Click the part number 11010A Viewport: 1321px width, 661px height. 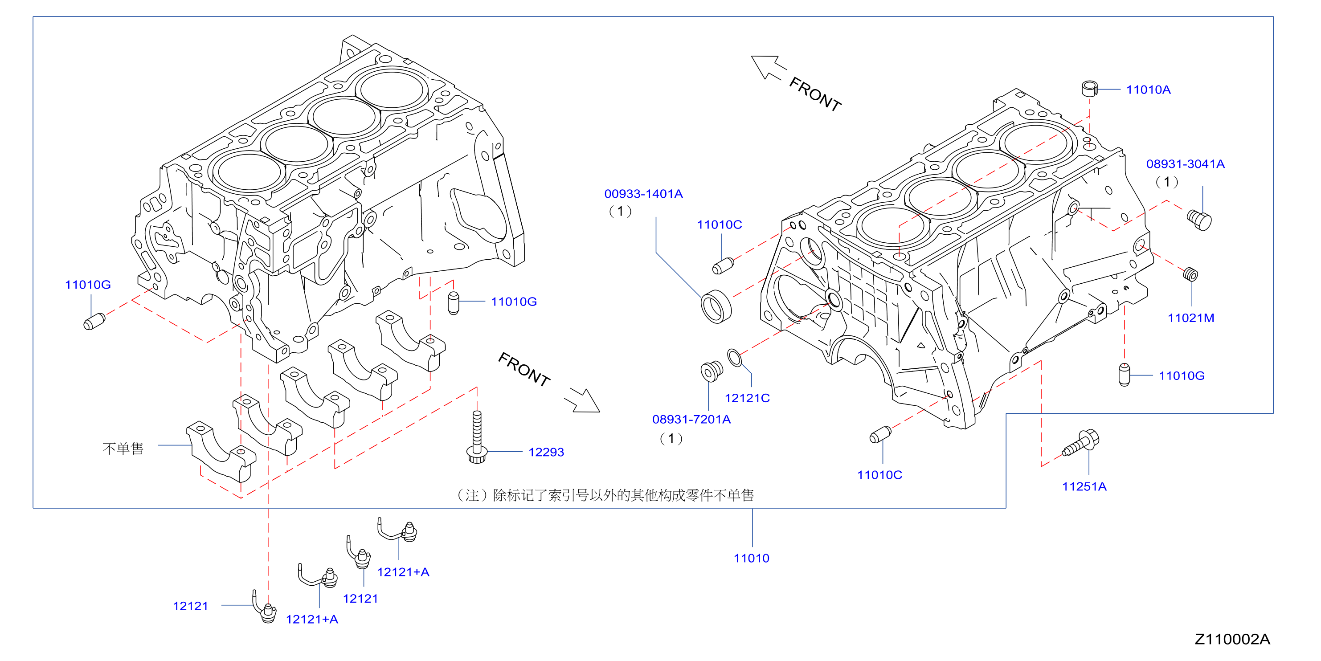click(1148, 90)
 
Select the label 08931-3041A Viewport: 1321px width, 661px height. click(1185, 164)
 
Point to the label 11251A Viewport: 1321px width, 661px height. click(1084, 487)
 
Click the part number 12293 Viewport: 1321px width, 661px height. click(546, 452)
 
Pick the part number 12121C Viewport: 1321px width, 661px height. click(747, 398)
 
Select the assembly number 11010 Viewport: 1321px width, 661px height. click(751, 559)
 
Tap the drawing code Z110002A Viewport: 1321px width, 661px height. click(1232, 640)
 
